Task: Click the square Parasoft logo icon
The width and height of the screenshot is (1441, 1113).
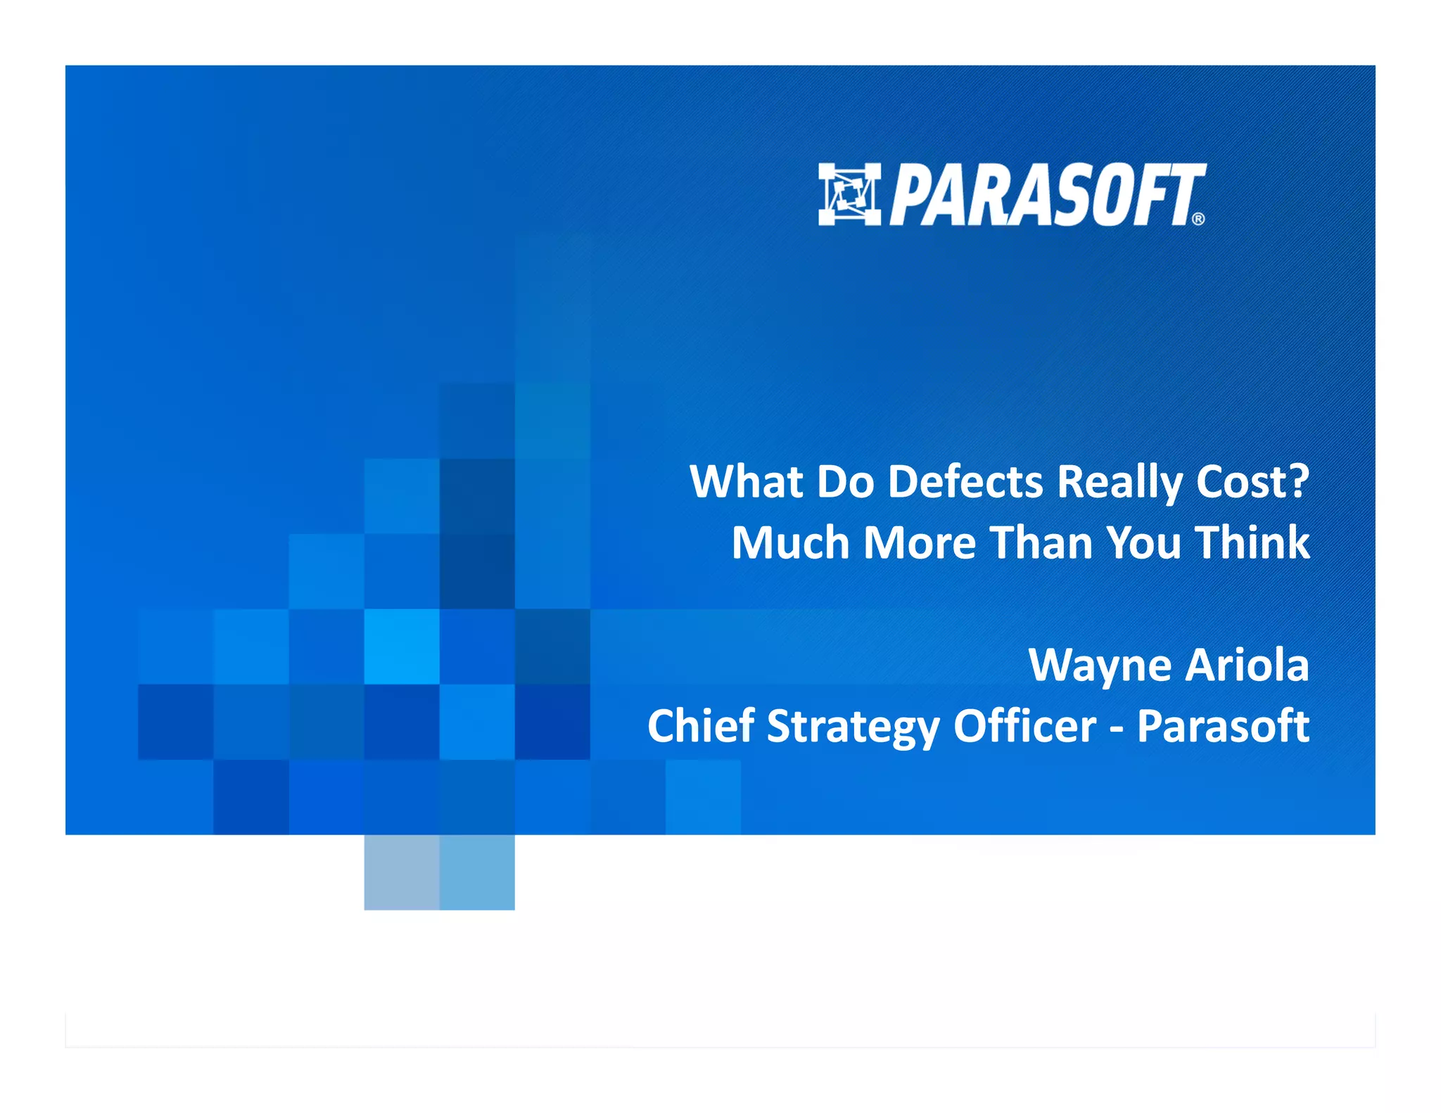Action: (849, 195)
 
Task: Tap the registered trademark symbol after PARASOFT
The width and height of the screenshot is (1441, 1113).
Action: (1198, 219)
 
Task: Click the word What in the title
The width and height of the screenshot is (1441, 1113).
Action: (746, 483)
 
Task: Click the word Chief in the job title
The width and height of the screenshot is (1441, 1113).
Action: (701, 726)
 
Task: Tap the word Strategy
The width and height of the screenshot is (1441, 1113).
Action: (853, 727)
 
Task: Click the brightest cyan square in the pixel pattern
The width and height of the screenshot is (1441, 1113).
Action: (402, 646)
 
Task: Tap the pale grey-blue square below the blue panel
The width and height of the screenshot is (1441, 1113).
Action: (402, 872)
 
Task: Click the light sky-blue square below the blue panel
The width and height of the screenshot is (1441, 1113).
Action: (477, 872)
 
